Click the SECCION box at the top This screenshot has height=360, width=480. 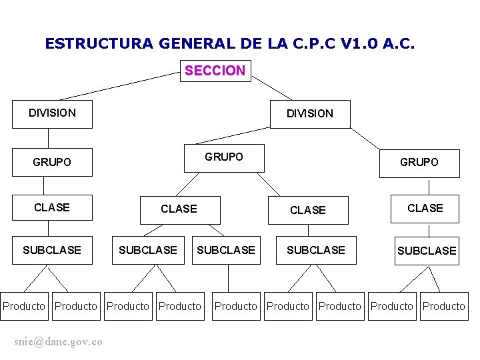pos(215,71)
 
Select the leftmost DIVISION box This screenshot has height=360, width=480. pos(53,113)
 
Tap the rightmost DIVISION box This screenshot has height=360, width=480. pos(310,114)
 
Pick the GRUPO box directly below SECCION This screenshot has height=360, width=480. pos(224,157)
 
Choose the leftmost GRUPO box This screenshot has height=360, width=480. pos(53,162)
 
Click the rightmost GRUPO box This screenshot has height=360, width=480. pos(419,163)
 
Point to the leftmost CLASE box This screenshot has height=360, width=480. pos(53,207)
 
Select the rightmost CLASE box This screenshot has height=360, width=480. pos(425,209)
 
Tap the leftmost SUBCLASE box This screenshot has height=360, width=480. pos(53,250)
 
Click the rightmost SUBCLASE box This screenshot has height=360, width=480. pos(427,251)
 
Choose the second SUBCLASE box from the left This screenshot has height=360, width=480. pos(148,250)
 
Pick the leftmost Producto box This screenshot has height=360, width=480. pos(24,306)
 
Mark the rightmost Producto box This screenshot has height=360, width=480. pos(444,306)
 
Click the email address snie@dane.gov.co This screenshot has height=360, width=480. pos(58,341)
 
